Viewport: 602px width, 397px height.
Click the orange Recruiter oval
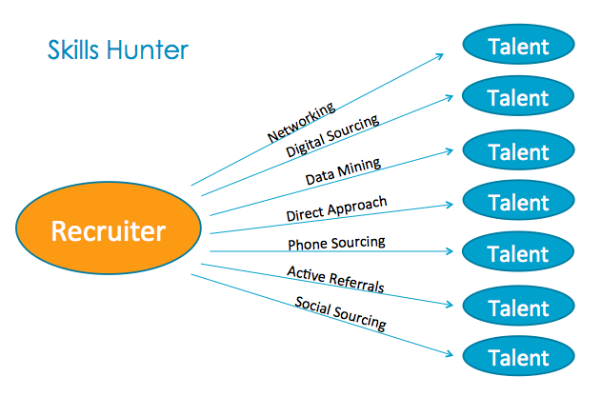pos(108,231)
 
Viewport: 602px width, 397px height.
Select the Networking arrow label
pos(300,123)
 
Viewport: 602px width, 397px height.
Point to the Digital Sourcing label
pos(332,134)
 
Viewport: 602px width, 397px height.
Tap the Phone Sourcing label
pos(336,244)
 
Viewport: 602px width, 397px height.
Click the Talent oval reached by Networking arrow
pos(517,46)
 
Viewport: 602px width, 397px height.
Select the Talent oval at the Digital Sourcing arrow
pos(517,97)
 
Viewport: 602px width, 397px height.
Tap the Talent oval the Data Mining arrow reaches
pos(517,151)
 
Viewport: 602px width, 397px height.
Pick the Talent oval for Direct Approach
pos(517,202)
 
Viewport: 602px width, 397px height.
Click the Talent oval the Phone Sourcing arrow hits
pos(517,254)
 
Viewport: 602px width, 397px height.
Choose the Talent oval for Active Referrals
pos(517,308)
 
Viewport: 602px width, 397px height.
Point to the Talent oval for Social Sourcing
pos(517,359)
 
